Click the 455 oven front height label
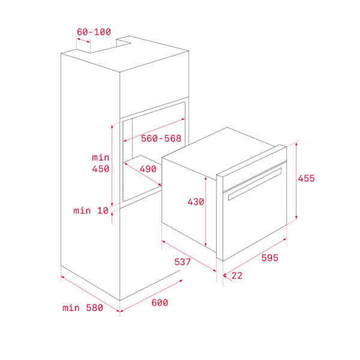click(x=306, y=179)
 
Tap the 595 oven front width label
click(x=269, y=258)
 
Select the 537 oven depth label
click(x=182, y=262)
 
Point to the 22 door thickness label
click(x=237, y=276)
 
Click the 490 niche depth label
click(x=148, y=169)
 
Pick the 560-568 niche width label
click(x=161, y=139)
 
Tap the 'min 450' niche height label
click(x=100, y=163)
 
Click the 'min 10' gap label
click(x=91, y=211)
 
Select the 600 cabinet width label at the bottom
click(x=159, y=303)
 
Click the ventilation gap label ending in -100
click(x=94, y=32)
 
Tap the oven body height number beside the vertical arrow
click(x=196, y=202)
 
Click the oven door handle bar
click(x=255, y=184)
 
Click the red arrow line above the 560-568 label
click(x=154, y=130)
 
